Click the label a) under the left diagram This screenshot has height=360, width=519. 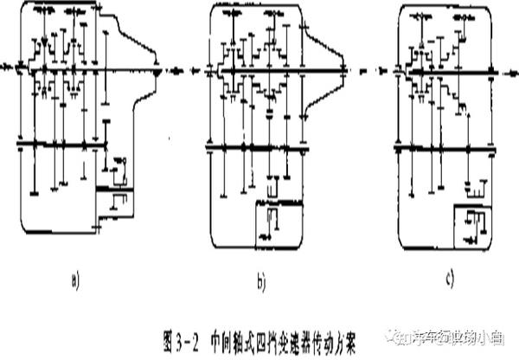click(x=75, y=279)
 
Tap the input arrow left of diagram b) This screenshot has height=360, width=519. click(x=197, y=67)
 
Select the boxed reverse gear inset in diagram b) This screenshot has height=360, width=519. click(x=275, y=220)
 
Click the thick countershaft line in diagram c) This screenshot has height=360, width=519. click(x=445, y=149)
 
